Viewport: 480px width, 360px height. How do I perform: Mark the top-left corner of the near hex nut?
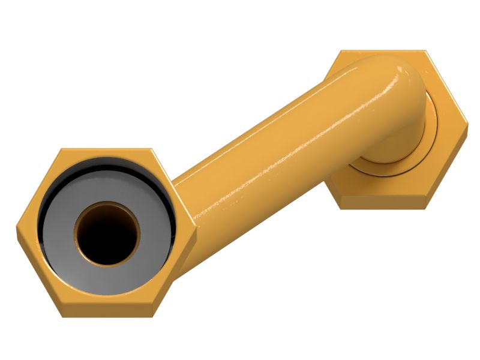click(x=61, y=149)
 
